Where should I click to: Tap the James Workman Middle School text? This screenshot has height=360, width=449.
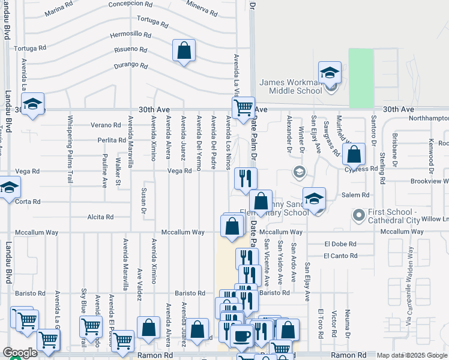(291, 86)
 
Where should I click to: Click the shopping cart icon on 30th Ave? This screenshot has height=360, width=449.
(243, 109)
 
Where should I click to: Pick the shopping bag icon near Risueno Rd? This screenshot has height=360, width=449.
(184, 50)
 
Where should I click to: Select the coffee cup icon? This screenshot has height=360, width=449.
(242, 336)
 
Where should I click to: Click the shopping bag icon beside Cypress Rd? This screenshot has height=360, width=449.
(354, 154)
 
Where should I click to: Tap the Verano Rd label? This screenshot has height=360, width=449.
(106, 125)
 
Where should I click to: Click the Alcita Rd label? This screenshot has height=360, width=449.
(100, 217)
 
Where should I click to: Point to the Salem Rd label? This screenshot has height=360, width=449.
(356, 195)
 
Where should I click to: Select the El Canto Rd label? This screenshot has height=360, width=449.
(340, 256)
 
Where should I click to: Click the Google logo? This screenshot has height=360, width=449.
(20, 353)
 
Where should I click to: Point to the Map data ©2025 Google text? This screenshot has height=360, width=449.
(412, 355)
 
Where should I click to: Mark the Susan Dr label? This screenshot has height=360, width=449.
(144, 200)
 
